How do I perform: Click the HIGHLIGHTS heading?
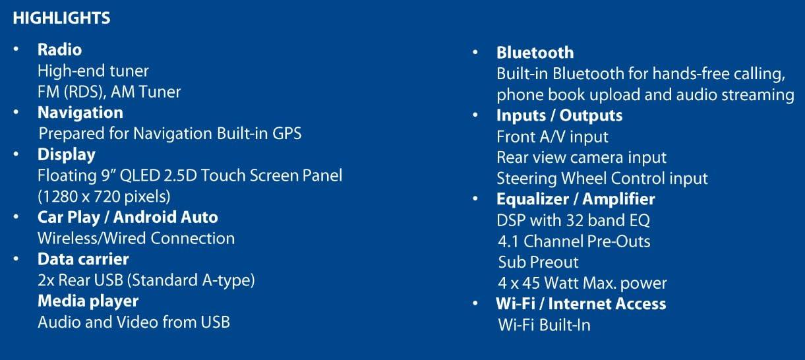(x=61, y=18)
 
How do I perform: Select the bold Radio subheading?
(x=59, y=49)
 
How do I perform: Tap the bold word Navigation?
(x=80, y=113)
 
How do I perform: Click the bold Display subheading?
(x=66, y=154)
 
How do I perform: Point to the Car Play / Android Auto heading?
(x=127, y=217)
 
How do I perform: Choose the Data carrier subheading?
(x=83, y=259)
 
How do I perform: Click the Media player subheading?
(x=88, y=301)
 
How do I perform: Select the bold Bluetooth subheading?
(x=535, y=53)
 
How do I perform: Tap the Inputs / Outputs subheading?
(x=559, y=115)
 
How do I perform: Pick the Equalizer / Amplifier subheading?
(x=576, y=199)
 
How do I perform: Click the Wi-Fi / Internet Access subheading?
(x=580, y=304)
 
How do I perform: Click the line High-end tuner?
(x=93, y=71)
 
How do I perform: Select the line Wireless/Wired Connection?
(x=136, y=238)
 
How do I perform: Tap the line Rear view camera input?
(x=581, y=158)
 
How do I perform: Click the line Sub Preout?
(x=538, y=262)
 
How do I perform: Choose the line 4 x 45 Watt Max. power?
(x=581, y=284)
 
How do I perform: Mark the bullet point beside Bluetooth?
(x=476, y=53)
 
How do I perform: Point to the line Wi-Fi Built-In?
(x=544, y=325)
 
